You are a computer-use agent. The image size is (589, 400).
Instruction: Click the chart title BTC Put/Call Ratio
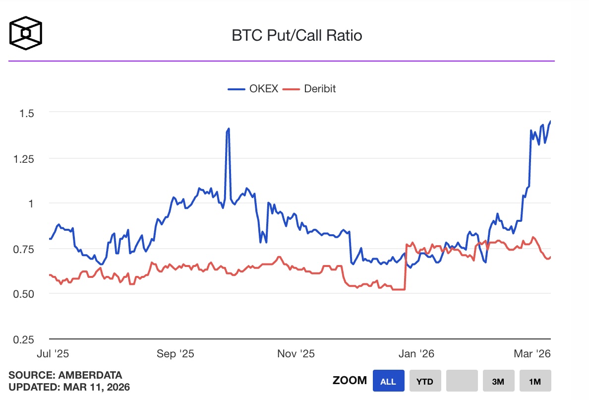click(297, 36)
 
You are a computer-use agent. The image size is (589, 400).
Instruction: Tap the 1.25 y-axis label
click(26, 158)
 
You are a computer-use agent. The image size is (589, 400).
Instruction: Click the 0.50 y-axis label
click(26, 294)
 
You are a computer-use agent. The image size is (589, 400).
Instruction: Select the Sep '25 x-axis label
click(175, 354)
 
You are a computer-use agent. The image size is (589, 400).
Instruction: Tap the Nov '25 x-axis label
click(295, 354)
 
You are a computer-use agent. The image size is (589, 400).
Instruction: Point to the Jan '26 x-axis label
click(417, 354)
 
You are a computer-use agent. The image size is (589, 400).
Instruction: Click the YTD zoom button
click(425, 381)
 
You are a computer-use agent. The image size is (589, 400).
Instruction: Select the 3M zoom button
click(498, 381)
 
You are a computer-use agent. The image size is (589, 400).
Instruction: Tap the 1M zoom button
click(535, 381)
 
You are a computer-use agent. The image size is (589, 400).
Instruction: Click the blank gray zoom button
click(462, 381)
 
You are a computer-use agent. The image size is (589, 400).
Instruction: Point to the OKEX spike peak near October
click(229, 129)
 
